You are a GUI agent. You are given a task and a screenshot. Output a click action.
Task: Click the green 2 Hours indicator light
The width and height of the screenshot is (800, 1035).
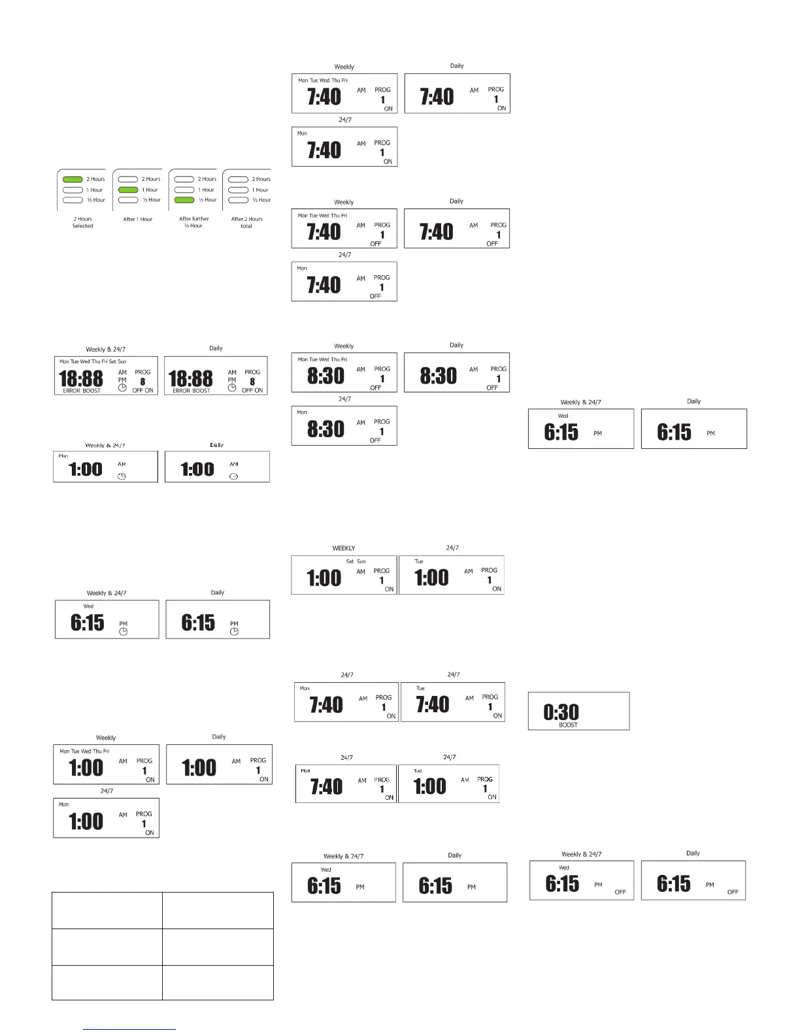tap(73, 179)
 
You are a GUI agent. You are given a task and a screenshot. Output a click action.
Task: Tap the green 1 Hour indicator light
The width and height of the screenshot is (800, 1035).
tap(128, 189)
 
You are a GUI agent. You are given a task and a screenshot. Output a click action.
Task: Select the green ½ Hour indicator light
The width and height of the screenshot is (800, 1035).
tap(184, 200)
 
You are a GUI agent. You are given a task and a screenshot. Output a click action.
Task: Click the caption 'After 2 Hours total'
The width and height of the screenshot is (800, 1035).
tap(246, 223)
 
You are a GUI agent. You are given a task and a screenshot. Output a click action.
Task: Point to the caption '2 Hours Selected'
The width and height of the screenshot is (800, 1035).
tap(82, 223)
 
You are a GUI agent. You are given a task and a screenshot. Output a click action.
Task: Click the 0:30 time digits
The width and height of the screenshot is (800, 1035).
tap(561, 712)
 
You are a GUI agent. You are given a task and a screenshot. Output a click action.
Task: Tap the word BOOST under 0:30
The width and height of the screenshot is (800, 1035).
tap(568, 725)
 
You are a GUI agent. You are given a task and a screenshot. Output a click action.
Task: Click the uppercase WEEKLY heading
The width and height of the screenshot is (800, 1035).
tap(344, 548)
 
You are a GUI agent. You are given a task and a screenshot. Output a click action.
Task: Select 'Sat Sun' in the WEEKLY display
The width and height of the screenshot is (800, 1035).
tap(356, 561)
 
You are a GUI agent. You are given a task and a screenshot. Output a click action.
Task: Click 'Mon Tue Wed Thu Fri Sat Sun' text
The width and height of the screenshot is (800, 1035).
tap(93, 361)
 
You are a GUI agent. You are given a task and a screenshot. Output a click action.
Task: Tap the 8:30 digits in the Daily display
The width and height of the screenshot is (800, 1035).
tap(439, 376)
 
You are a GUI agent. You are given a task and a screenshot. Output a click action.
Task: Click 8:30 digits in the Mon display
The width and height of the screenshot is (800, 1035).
tap(325, 429)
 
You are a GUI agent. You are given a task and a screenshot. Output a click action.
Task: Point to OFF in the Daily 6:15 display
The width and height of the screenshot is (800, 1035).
tap(733, 892)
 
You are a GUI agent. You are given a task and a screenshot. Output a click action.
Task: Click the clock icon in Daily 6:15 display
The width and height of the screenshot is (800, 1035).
tap(234, 632)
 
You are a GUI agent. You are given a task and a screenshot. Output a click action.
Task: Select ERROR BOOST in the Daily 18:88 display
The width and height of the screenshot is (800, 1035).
tap(192, 391)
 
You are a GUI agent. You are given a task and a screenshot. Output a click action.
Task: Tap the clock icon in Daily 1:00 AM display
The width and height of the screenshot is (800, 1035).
tap(234, 476)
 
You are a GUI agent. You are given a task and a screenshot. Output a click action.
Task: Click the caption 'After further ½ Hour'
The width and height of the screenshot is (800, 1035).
tap(194, 223)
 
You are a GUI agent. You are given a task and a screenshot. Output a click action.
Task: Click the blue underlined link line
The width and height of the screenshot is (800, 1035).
tap(129, 1029)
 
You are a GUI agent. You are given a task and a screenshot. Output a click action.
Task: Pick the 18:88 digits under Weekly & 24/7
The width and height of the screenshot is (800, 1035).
tap(81, 378)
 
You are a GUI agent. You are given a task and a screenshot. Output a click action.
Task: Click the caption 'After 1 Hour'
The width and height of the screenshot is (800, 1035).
tap(138, 220)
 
